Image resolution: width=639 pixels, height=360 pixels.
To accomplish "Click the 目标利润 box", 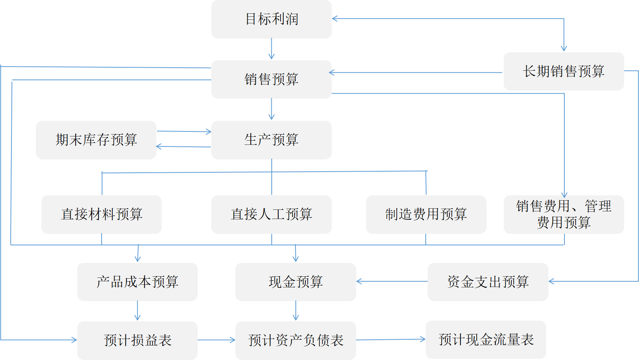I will point(271,19).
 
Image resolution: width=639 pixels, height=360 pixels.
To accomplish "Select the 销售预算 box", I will point(271,79).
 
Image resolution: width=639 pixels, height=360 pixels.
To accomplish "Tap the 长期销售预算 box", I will point(563,71).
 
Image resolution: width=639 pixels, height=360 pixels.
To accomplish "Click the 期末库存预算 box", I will point(96,140).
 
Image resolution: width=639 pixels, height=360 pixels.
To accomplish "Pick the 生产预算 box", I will point(271,140).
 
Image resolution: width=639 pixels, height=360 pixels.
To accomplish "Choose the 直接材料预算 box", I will point(101,214).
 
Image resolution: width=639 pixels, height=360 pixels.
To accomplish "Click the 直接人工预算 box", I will point(271,214).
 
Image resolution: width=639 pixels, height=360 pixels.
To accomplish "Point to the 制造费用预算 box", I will point(426,214).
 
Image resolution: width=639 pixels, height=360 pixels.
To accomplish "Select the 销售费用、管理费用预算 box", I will point(563,214).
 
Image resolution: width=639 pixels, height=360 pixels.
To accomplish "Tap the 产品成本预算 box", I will point(137,282).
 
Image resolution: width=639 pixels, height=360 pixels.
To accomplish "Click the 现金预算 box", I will point(295,282).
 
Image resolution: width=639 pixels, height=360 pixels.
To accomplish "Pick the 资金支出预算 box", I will point(488,282).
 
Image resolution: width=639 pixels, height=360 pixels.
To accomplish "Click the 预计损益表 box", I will point(137,340).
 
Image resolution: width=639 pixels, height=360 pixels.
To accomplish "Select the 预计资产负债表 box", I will point(295,340).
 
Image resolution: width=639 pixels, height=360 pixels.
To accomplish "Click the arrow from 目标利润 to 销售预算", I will point(271,49).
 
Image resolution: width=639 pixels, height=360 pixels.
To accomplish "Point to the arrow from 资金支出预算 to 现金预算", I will point(392,282).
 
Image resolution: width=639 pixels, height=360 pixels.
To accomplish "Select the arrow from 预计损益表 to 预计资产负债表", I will point(216,340).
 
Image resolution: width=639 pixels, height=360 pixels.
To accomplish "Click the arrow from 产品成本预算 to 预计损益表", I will point(137,311).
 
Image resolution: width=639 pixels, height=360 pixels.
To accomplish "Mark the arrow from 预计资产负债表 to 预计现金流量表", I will point(391,339).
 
